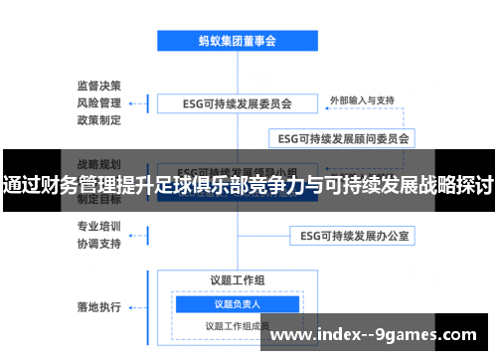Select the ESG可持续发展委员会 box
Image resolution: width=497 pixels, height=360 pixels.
237,102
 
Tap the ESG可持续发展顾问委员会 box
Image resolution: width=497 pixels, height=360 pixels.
343,138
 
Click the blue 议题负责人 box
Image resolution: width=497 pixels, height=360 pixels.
237,303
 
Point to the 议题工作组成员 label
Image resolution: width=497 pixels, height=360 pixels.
237,325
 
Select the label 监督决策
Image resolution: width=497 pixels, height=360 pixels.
99,85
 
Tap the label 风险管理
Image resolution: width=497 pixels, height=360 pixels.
99,102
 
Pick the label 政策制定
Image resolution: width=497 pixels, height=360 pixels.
99,120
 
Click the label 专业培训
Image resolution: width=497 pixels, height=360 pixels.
99,225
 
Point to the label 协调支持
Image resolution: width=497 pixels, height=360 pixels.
99,243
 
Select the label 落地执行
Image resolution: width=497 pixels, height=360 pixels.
99,305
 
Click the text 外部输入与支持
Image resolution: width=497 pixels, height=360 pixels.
363,100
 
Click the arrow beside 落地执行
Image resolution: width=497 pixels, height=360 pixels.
147,305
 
